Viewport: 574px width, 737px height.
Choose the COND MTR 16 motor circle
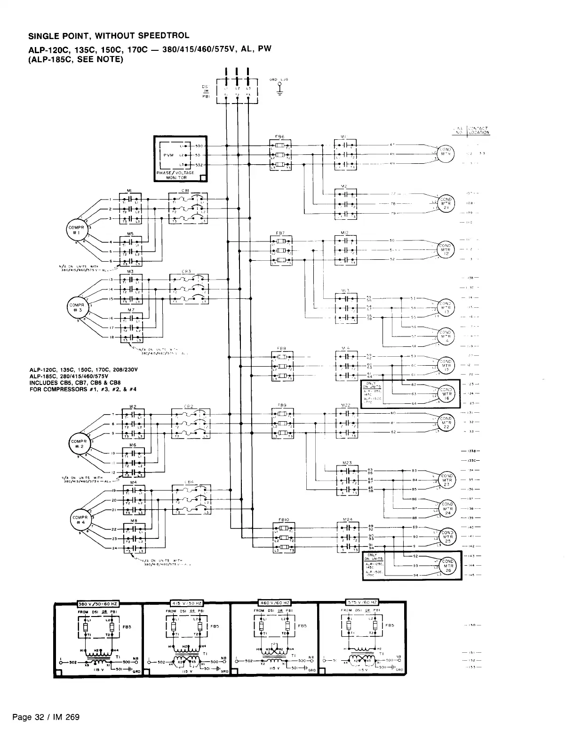tap(446, 393)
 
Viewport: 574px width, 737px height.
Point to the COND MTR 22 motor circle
tap(446, 422)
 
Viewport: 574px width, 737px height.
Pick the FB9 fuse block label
tap(282, 405)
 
